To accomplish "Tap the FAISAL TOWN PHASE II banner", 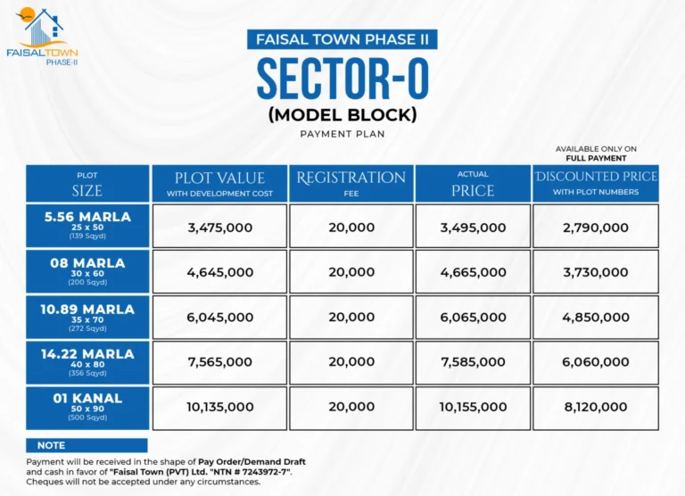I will click(x=342, y=39).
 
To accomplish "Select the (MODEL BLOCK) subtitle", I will click(x=342, y=115).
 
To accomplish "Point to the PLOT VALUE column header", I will click(x=220, y=184).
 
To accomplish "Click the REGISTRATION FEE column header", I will click(x=351, y=184).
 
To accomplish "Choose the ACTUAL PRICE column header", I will click(x=473, y=184).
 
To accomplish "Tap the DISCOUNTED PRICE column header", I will click(x=596, y=184).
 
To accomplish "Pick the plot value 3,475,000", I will click(x=220, y=227).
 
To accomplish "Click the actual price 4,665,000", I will click(x=473, y=272).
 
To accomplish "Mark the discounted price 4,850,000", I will click(x=596, y=318).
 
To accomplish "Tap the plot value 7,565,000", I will click(x=220, y=362).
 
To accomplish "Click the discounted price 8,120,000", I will click(x=596, y=408).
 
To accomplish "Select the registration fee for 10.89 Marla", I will click(x=351, y=318).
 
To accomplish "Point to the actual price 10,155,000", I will click(x=473, y=408).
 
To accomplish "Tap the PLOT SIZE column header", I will click(x=87, y=184).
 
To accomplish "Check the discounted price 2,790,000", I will click(x=596, y=227).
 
